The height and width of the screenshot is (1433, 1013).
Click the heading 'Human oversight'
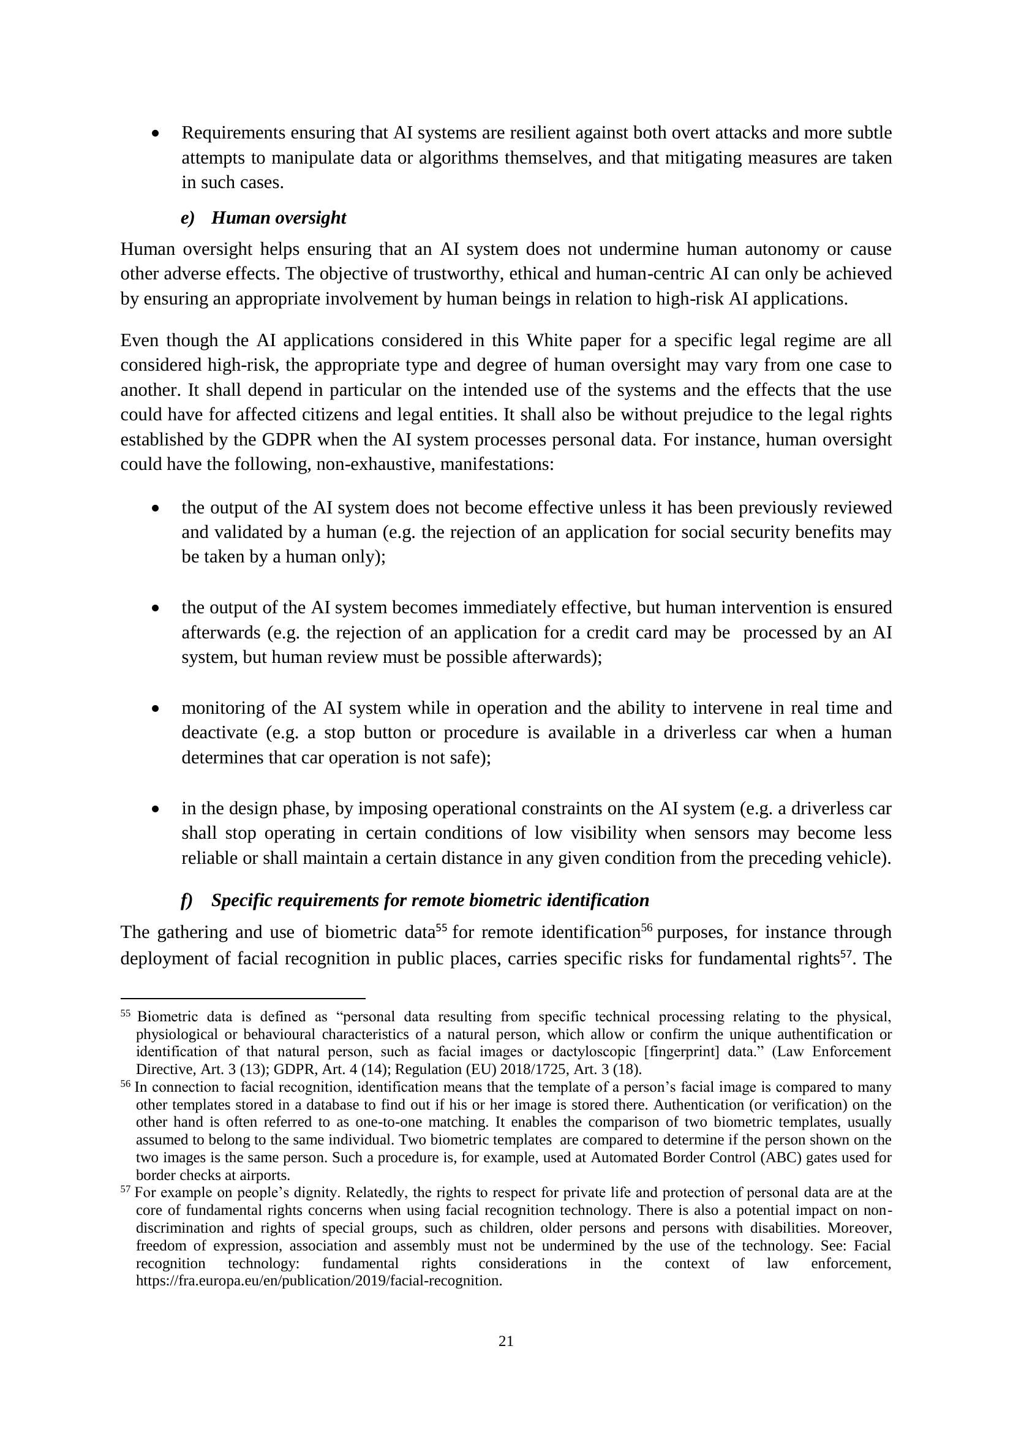pos(278,218)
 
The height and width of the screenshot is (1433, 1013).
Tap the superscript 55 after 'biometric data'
pos(441,928)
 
